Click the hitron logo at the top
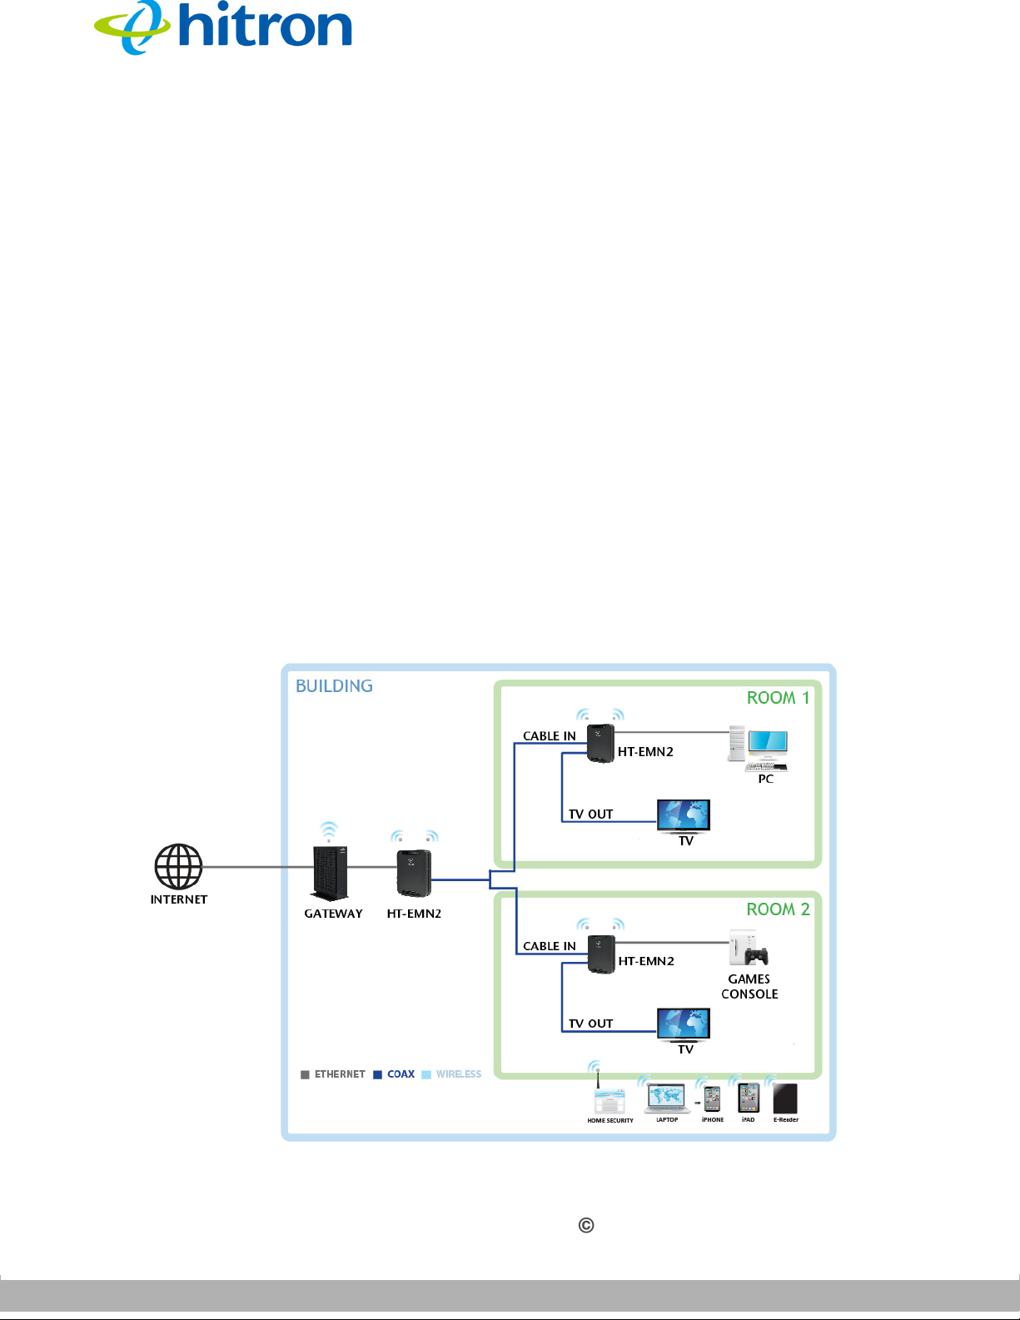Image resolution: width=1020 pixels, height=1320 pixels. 223,27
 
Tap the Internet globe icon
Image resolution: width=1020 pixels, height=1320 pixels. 178,867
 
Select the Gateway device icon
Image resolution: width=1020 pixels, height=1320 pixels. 331,873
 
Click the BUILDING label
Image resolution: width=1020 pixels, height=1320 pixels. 334,686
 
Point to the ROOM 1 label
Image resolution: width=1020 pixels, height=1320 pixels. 778,698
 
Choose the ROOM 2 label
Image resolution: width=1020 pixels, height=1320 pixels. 778,909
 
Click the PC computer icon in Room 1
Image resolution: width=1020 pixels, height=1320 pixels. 760,749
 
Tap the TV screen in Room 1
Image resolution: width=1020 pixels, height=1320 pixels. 684,814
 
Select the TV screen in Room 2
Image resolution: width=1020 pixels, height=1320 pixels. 684,1024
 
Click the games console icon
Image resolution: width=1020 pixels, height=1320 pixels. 749,948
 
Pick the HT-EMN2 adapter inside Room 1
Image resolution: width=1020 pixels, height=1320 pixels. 600,743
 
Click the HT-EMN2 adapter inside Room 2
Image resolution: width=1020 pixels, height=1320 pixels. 601,954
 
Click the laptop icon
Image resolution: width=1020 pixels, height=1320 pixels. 667,1098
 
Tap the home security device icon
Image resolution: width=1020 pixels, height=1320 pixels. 609,1099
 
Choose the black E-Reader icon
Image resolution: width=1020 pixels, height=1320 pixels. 785,1098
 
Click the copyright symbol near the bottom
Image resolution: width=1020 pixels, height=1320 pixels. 586,1225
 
